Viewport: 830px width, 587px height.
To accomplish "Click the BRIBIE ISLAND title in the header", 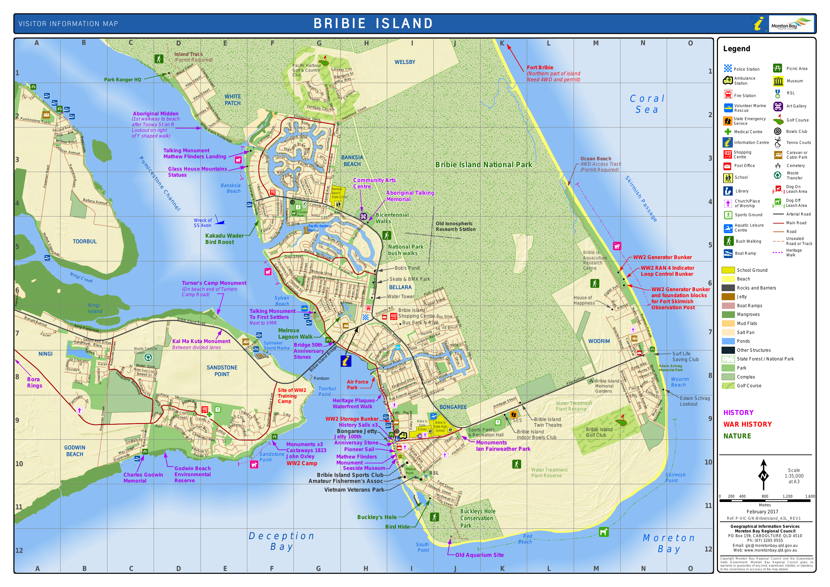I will click(373, 23).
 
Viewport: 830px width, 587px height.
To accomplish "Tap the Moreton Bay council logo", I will click(791, 24).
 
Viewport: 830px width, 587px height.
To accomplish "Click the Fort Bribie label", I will click(540, 68).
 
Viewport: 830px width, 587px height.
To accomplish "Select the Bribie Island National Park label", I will click(483, 165).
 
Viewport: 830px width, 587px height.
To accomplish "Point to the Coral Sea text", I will click(647, 104).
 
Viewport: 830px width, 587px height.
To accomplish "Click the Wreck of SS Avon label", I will click(202, 223).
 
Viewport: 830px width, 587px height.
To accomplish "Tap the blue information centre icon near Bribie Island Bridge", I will click(346, 361).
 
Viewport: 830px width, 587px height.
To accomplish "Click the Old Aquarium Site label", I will click(479, 555).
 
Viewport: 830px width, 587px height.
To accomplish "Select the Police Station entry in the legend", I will click(746, 69).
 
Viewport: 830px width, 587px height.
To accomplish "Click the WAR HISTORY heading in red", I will click(747, 424).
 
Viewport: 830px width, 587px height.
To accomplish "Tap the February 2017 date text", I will click(762, 511).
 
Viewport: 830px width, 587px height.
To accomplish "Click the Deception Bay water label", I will click(281, 541).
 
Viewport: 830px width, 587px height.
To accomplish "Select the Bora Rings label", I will click(34, 383).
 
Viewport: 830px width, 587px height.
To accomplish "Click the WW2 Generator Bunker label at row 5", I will click(662, 257).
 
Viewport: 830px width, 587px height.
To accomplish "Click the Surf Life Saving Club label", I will click(685, 356).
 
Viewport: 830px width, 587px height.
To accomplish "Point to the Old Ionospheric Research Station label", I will click(455, 226).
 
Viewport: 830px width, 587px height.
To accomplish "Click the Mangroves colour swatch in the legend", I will click(728, 315).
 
